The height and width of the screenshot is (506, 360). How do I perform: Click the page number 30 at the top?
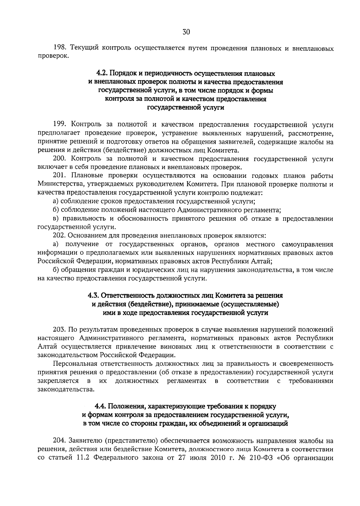[186, 32]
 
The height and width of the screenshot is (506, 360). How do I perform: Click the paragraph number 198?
[59, 48]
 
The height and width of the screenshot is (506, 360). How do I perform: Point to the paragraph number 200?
[59, 159]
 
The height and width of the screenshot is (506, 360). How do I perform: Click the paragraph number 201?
[59, 176]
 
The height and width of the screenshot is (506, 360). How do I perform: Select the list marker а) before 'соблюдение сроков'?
[55, 201]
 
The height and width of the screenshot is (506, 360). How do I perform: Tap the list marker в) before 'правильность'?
[55, 219]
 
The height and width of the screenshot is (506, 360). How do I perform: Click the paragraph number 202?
[59, 236]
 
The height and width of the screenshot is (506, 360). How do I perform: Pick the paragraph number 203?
[59, 330]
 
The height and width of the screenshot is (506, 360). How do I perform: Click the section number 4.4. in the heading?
[101, 407]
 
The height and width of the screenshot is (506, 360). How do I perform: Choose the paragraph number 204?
[59, 441]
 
